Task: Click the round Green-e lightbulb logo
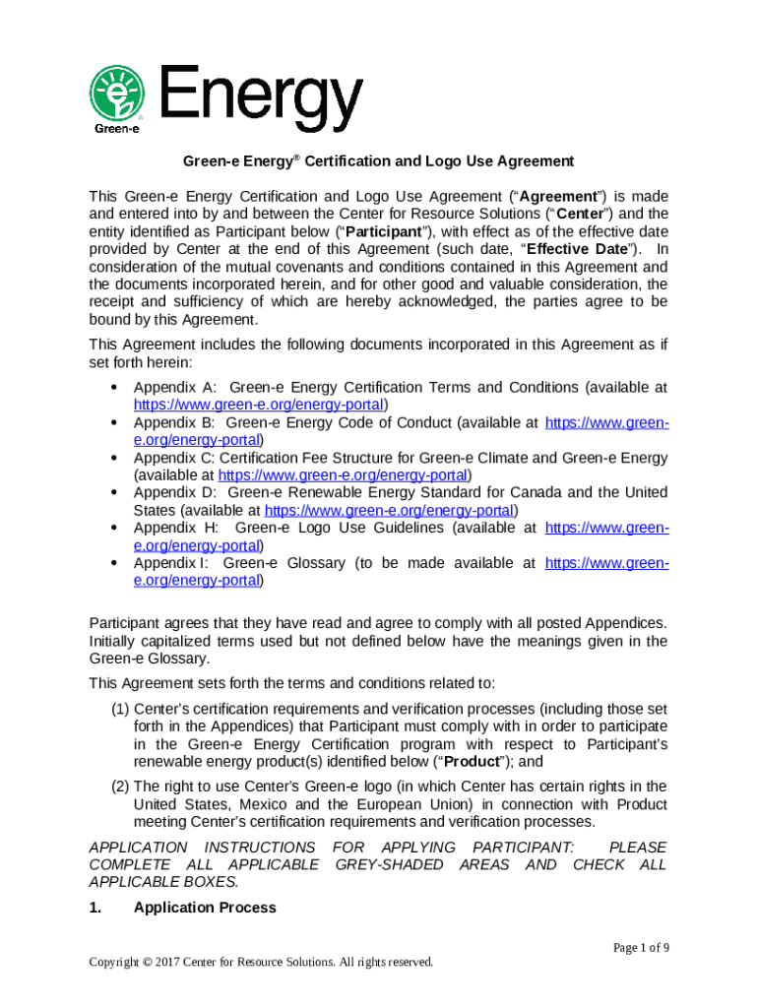tap(117, 94)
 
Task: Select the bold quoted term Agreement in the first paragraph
tap(560, 196)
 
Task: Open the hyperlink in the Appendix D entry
tap(390, 511)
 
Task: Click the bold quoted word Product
tap(485, 761)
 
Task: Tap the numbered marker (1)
tap(119, 709)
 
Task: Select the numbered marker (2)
tap(119, 786)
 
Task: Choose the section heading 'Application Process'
tap(205, 908)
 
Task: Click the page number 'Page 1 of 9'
tap(641, 947)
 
